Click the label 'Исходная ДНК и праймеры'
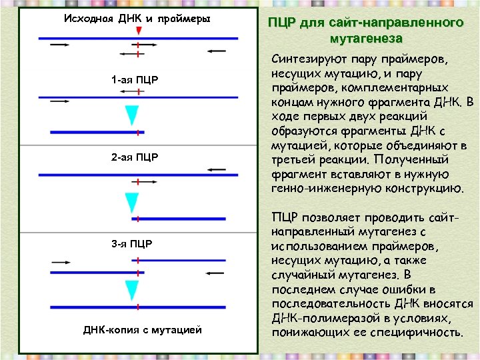pos(137,18)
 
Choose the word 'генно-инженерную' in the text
pos(324,188)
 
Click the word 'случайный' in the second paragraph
pos(299,275)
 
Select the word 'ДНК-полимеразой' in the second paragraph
pos(319,317)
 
